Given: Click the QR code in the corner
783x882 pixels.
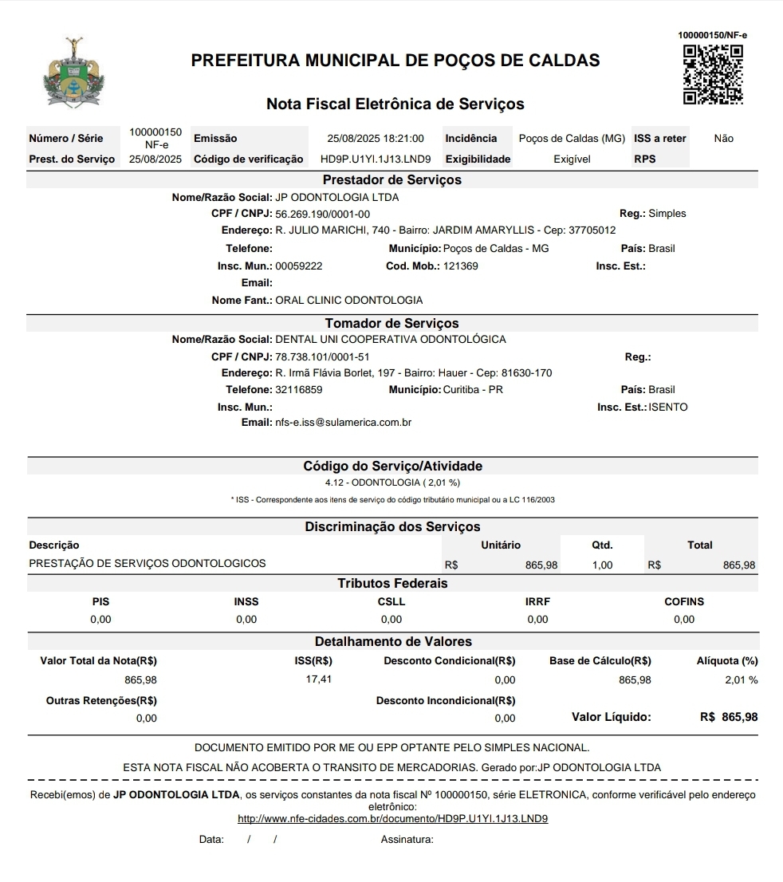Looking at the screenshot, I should coord(713,75).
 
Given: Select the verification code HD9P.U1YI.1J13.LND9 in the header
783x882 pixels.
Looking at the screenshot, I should coord(376,159).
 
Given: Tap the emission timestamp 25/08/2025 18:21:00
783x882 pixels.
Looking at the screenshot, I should coord(376,139).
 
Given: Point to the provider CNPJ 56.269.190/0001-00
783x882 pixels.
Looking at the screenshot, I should coord(322,214).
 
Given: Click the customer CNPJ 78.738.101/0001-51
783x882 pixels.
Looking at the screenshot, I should coord(322,356).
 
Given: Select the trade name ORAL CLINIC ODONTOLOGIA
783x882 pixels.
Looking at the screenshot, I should coord(349,301).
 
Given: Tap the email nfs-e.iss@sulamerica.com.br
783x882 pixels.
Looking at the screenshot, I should coord(343,422).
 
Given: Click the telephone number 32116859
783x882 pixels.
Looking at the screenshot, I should coord(298,390).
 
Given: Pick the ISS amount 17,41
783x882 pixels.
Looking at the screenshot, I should coord(319,679).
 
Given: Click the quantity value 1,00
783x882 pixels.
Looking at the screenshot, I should coord(602,565).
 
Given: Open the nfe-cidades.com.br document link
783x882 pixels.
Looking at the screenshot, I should coord(393,818).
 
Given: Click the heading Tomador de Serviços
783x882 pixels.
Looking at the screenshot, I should coord(391,323).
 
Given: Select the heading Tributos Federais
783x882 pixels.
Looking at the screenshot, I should coord(392,583).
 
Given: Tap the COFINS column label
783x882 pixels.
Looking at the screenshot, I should coord(684,602).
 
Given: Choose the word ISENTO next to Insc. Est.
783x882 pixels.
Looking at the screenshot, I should coord(668,408).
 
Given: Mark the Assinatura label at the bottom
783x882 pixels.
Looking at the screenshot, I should coord(407,839).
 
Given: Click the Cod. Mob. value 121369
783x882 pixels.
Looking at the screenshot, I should coord(461,266).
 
